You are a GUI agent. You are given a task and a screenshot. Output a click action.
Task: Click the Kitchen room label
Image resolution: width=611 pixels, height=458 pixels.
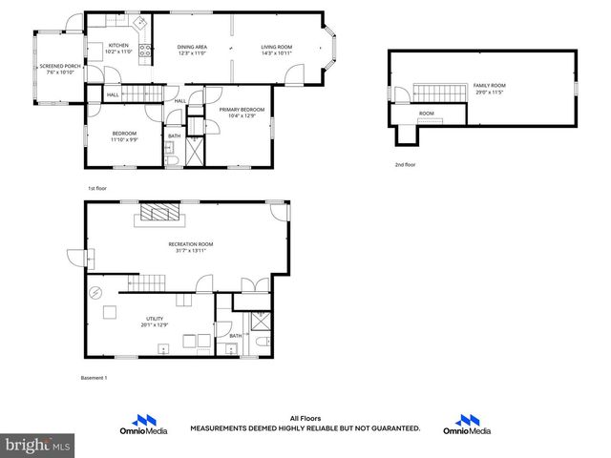pyautogui.click(x=118, y=45)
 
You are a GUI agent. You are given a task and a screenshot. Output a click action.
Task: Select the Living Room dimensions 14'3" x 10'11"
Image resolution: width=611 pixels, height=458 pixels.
pyautogui.click(x=278, y=53)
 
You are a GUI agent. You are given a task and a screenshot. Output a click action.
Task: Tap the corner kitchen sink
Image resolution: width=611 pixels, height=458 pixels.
pyautogui.click(x=139, y=21)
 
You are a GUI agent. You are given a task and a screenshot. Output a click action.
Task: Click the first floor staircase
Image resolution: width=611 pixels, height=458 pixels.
pyautogui.click(x=145, y=94)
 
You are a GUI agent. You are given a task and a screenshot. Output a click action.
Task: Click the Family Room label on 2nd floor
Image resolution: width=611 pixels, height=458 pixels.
pyautogui.click(x=489, y=86)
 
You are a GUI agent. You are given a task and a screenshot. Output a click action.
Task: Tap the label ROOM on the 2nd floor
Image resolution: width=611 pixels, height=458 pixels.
pyautogui.click(x=427, y=114)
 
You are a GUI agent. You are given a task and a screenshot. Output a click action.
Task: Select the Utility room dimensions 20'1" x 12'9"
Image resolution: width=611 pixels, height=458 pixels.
pyautogui.click(x=155, y=325)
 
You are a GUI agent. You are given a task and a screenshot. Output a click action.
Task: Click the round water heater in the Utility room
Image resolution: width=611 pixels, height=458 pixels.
pyautogui.click(x=95, y=292)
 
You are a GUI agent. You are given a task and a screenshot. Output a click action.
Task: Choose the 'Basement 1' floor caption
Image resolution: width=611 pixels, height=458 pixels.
pyautogui.click(x=94, y=378)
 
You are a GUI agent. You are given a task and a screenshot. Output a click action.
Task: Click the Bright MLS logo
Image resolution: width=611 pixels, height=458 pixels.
pyautogui.click(x=38, y=444)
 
